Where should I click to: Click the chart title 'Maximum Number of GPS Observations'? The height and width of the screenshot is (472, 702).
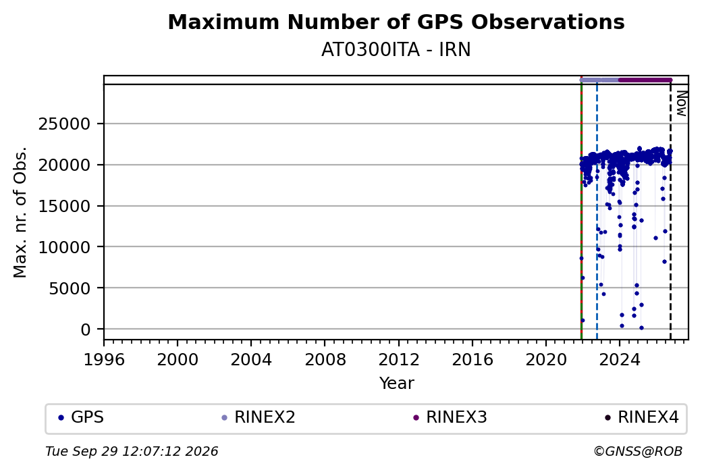396,22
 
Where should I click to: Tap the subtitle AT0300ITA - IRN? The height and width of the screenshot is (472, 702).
396,50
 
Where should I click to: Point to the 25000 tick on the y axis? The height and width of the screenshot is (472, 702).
65,124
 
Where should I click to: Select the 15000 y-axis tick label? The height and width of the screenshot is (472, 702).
65,207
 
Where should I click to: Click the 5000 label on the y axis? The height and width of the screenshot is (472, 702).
70,288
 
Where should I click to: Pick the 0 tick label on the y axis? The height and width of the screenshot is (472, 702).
86,330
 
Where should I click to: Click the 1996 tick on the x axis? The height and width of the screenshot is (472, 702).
104,360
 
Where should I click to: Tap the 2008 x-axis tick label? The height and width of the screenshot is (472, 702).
325,360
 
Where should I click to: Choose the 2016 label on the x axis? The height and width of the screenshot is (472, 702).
473,360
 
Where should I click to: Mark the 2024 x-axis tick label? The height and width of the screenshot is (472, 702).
620,360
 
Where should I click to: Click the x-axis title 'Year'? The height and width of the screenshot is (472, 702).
397,384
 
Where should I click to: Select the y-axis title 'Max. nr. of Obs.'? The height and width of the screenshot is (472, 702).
20,212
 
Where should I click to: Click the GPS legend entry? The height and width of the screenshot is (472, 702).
81,417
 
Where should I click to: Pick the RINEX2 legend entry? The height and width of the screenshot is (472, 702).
259,417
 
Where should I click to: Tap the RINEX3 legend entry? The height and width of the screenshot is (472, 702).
450,417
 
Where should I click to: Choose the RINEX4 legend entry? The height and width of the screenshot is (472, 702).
641,417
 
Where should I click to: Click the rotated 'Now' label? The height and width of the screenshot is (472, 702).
681,103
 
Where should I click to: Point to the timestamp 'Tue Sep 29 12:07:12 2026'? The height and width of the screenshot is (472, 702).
132,451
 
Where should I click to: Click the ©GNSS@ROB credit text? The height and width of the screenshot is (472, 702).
638,451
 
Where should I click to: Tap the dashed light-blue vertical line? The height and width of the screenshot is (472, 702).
597,212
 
